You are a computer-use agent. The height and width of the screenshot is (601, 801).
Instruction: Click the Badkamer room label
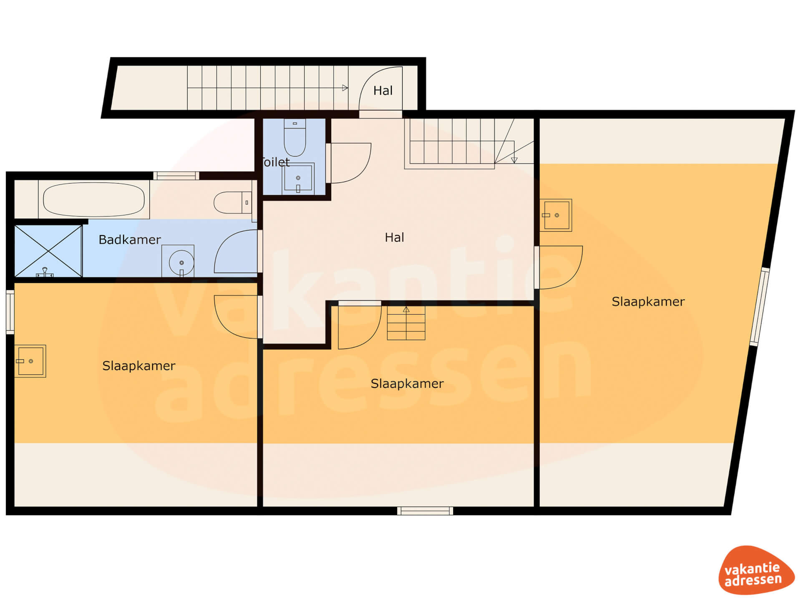(x=130, y=240)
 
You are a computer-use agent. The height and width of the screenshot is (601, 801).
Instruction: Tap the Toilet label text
(x=275, y=162)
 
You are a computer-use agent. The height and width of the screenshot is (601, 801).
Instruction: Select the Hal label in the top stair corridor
(x=383, y=91)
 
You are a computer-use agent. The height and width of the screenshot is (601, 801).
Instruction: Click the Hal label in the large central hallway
(x=394, y=237)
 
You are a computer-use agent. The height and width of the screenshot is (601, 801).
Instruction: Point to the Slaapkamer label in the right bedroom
(x=648, y=302)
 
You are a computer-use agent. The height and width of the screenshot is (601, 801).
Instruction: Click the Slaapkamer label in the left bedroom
(x=139, y=366)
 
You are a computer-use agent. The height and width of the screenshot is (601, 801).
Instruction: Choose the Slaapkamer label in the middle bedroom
(x=407, y=384)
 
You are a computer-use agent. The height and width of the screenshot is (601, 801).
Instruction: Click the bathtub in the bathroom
(x=94, y=199)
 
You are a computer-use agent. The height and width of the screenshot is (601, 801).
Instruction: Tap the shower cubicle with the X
(x=48, y=251)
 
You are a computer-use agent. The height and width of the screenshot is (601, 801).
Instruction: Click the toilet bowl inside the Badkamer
(x=233, y=202)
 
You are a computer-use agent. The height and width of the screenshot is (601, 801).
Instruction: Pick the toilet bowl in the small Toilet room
(x=295, y=137)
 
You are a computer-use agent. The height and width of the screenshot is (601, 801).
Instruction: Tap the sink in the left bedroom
(x=30, y=361)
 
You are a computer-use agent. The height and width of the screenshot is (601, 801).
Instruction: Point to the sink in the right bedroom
(x=556, y=215)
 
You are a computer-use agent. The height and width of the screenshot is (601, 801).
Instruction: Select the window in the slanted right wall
(x=759, y=306)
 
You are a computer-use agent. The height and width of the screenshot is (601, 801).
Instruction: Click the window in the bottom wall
(x=425, y=511)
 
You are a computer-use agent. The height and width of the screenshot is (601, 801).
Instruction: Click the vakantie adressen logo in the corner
(x=756, y=570)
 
